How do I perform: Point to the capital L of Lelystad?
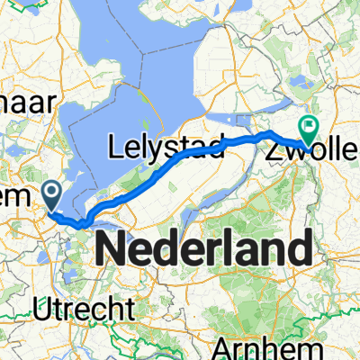pyautogui.click(x=116, y=146)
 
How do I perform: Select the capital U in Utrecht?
pyautogui.click(x=45, y=310)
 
